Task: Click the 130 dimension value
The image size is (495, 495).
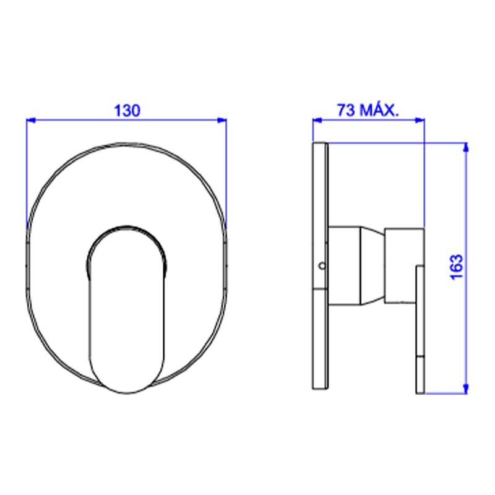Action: click(x=127, y=111)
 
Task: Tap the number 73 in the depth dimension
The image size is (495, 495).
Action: click(x=346, y=110)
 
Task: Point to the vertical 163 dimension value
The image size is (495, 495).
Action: click(x=456, y=267)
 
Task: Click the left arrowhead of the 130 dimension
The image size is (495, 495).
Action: click(x=31, y=120)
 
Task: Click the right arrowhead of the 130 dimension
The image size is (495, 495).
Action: click(x=222, y=120)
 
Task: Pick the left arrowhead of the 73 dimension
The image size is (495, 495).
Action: click(x=317, y=120)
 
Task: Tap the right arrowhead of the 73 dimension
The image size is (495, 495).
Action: click(x=420, y=120)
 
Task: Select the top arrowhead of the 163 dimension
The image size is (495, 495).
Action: click(x=466, y=148)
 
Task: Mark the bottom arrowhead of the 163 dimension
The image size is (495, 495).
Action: click(x=466, y=389)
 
